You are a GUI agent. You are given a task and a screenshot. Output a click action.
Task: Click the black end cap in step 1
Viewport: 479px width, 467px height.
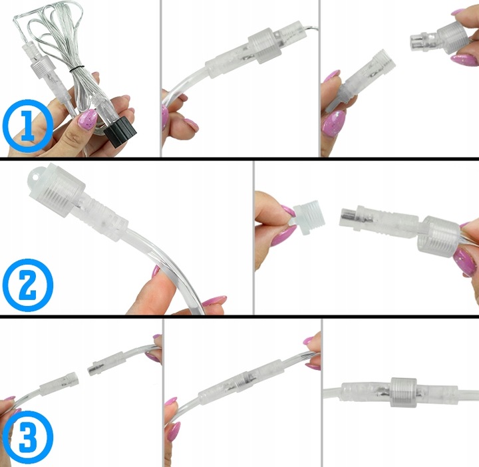[120, 126]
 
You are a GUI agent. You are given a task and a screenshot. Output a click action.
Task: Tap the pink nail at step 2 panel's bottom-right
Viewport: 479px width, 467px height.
[214, 302]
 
